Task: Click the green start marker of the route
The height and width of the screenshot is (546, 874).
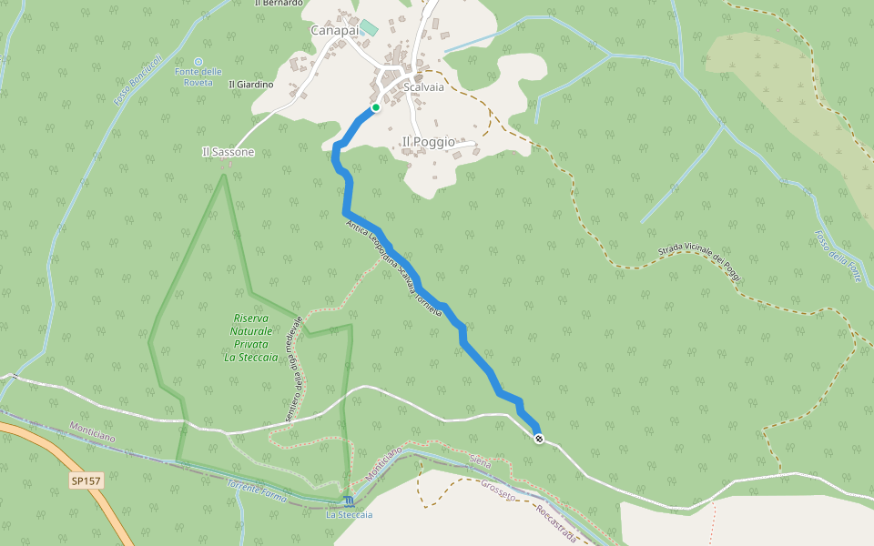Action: point(375,107)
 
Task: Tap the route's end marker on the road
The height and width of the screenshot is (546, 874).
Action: point(539,440)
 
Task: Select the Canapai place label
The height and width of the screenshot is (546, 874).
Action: point(334,30)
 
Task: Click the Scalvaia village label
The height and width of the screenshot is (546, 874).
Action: point(424,87)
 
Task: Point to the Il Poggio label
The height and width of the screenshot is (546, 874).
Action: point(428,142)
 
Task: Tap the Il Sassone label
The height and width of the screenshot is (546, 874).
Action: point(228,152)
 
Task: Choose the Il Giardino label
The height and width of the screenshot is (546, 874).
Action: point(251,85)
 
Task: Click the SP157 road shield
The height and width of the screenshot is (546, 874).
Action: point(86,480)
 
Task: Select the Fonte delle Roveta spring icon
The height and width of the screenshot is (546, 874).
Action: point(198,62)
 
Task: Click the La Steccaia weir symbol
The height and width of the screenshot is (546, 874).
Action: point(349,501)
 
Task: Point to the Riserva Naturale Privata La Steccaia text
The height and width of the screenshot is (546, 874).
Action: point(250,338)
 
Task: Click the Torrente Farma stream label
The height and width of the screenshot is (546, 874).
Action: point(257,492)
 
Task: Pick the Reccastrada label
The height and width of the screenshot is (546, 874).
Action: point(554,523)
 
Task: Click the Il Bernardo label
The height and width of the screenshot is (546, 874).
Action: point(279,3)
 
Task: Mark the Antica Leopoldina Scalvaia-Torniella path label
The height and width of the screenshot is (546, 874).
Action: point(394,267)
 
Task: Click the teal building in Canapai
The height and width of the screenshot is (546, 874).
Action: point(369,28)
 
